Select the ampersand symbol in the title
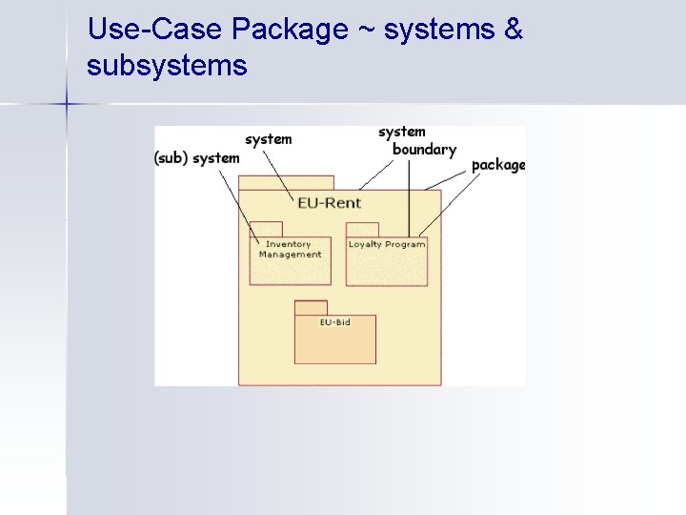tap(514, 31)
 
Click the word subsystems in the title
tap(167, 67)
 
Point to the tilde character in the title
tap(366, 31)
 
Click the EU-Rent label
tap(329, 203)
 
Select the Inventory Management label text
tap(290, 250)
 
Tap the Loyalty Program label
tap(386, 245)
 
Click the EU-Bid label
tap(334, 322)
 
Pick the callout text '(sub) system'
tap(196, 158)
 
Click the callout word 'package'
tap(497, 165)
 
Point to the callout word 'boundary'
tap(424, 150)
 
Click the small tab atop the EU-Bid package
tap(310, 307)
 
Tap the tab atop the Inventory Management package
tap(266, 229)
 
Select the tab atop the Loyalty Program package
tap(362, 229)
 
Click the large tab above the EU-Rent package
tap(286, 182)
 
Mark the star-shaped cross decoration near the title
tap(67, 102)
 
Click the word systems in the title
tap(440, 31)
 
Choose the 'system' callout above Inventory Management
tap(268, 139)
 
